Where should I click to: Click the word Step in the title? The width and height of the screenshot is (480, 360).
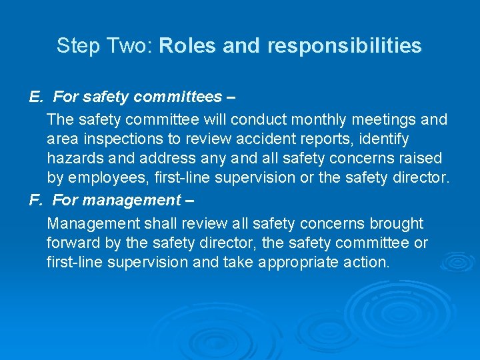pos(73,46)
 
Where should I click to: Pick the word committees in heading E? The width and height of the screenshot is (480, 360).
pos(178,97)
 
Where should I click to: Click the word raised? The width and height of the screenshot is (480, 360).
pos(420,159)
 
